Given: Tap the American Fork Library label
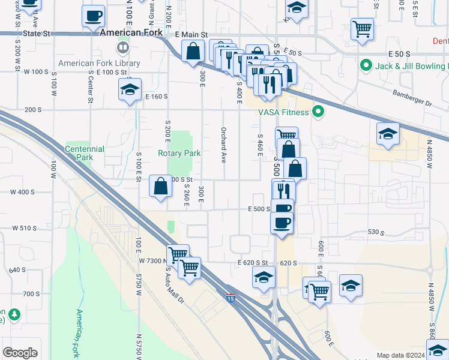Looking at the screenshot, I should [x=99, y=63].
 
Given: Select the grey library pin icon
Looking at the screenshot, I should [x=123, y=47].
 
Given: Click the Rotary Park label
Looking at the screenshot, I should [x=179, y=153].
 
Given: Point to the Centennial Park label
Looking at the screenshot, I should [x=84, y=153].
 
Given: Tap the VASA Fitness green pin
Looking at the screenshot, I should [x=319, y=112].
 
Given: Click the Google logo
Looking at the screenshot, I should [x=20, y=353].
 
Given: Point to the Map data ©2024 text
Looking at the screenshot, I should [x=400, y=355].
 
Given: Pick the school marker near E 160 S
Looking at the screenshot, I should [x=130, y=89].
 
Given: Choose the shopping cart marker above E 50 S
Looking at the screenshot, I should [x=363, y=28].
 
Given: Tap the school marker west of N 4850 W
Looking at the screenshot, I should [x=388, y=134].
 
